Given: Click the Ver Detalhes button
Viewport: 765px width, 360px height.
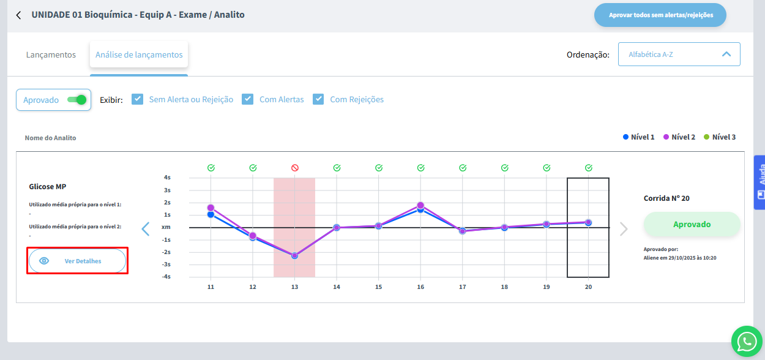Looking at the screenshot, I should coord(77,261).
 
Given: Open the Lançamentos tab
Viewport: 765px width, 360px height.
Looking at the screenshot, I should coord(51,55).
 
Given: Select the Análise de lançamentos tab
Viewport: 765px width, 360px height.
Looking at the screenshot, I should coord(139,55).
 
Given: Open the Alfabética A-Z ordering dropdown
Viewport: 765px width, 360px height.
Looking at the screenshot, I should coord(679,54).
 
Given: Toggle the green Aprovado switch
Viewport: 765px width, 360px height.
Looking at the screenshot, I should coord(76,100).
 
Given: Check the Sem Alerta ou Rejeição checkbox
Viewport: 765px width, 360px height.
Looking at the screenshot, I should coord(138,99).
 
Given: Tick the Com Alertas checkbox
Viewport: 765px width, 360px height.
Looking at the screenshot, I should coord(248,99).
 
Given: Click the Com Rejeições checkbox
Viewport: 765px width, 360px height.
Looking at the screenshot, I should coord(318,99).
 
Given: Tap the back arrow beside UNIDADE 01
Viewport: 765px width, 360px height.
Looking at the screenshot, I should coord(18,15).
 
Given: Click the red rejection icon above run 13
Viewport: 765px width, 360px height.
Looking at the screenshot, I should coord(294,168).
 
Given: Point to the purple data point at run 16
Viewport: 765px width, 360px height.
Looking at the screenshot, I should coord(420,206).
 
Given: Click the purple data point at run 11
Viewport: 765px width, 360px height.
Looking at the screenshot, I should coord(211,208).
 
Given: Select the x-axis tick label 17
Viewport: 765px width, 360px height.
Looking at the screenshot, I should coord(462,287).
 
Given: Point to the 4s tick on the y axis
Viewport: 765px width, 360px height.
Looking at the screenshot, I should coord(167,178).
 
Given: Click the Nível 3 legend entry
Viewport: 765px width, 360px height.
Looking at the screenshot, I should coord(720,137).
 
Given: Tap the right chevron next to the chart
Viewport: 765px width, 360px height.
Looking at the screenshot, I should coord(624,229).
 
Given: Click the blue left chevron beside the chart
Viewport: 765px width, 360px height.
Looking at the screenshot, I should coord(146,229).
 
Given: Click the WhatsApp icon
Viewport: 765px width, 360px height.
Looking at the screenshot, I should coord(747,342).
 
